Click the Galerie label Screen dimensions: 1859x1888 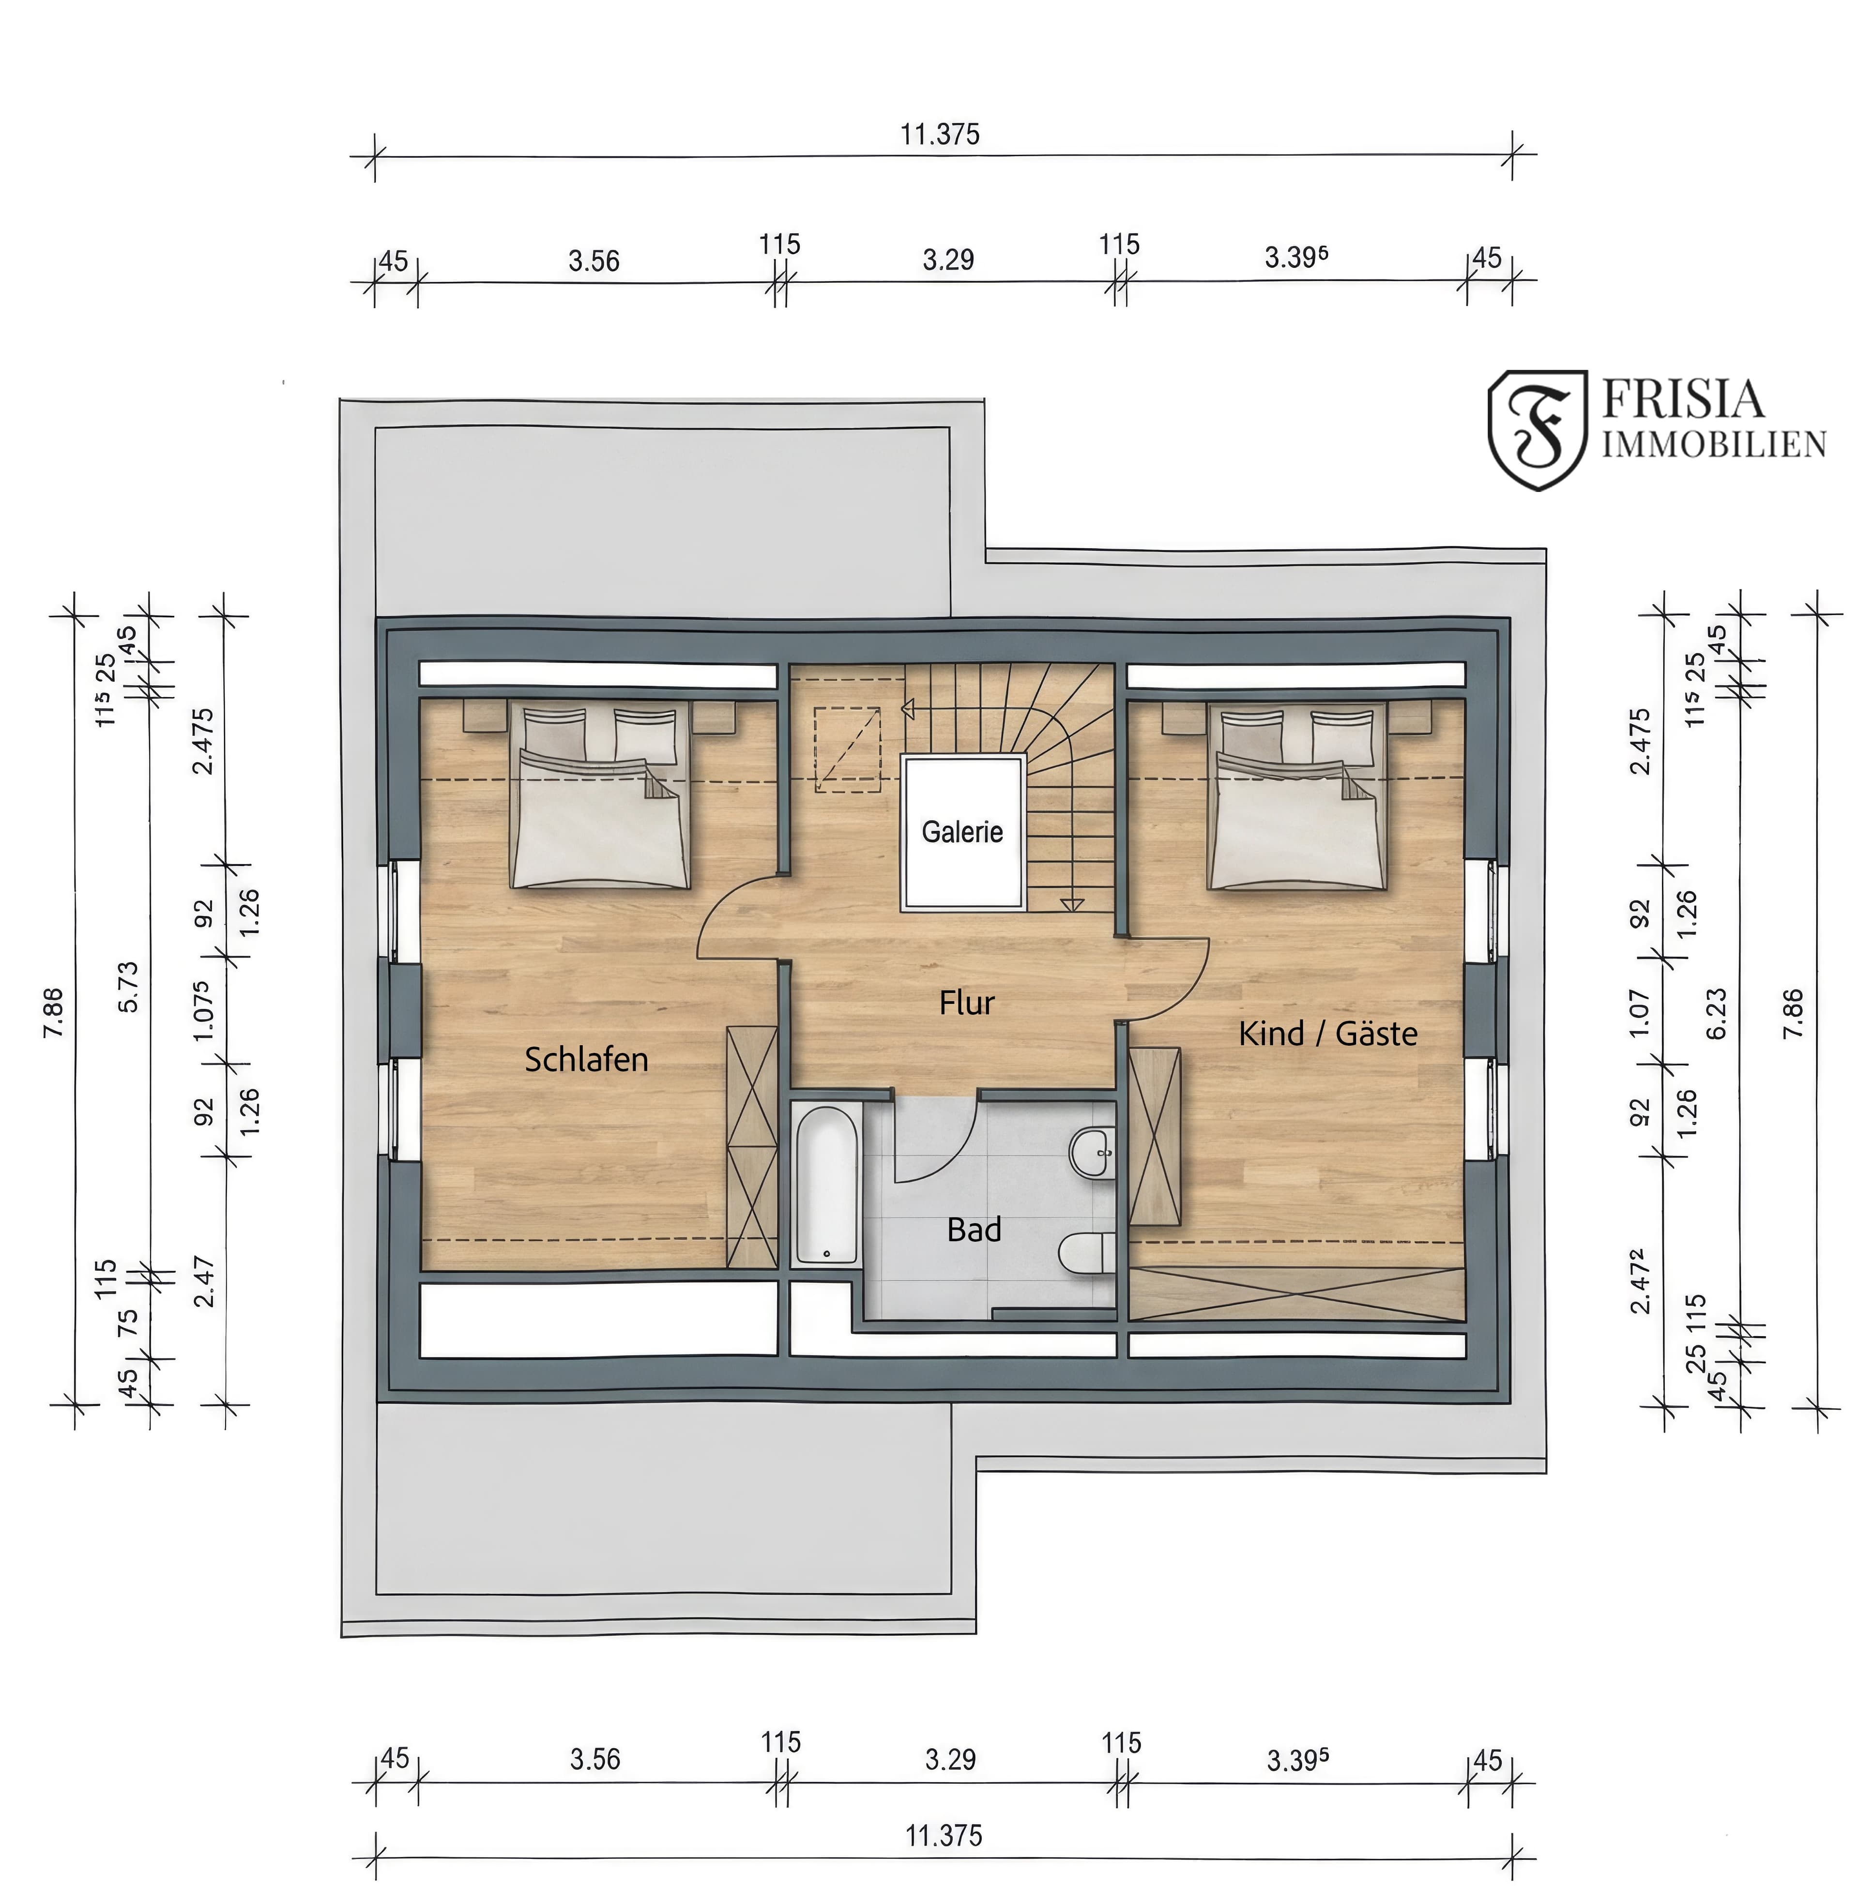pos(962,832)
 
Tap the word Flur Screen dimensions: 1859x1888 pos(967,1003)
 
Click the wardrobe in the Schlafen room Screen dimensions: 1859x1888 pos(752,1147)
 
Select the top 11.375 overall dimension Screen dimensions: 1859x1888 pos(939,134)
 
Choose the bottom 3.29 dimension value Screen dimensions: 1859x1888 pos(950,1759)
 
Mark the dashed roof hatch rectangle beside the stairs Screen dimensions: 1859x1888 pos(848,750)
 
